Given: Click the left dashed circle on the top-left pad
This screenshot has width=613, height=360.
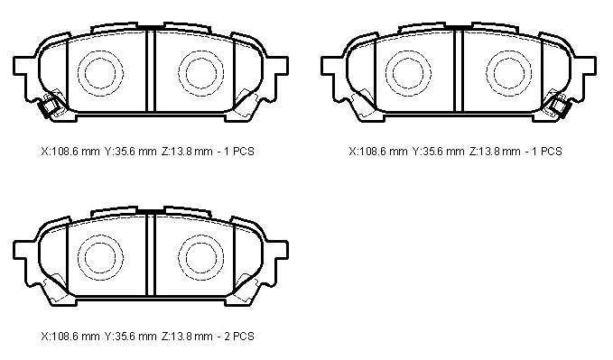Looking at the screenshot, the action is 79,73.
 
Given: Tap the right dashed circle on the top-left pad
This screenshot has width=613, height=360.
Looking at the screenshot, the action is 178,73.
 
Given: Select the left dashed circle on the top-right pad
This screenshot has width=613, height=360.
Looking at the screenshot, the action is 385,73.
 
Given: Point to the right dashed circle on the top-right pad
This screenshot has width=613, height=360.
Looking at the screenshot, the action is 487,73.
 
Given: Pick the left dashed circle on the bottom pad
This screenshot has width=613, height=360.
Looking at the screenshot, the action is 79,257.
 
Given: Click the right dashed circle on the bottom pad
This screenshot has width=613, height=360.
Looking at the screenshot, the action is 178,257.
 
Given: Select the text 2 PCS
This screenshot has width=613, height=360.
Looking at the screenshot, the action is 239,337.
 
